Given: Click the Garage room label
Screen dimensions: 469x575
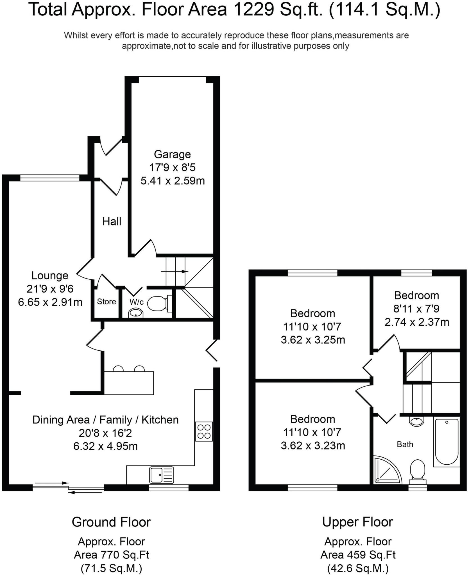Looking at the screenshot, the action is pos(172,154).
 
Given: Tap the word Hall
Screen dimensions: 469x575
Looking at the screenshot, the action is pos(112,222).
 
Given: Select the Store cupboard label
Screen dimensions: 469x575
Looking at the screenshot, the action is pos(107,302).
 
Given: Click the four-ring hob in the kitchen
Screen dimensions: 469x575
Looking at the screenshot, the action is pos(204,432).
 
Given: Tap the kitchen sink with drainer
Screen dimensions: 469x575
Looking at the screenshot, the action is pos(162,475).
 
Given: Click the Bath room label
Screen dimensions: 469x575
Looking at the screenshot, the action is pos(405,444).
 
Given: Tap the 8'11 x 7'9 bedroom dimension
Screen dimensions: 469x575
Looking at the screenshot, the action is pos(416,309).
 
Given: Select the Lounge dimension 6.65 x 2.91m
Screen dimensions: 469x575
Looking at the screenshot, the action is pos(50,302).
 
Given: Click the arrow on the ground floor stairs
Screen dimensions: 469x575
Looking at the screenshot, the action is pos(175,271).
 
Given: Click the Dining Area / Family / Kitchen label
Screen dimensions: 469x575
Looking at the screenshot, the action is pos(105,420).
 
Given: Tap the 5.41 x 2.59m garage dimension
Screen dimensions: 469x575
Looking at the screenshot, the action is pos(173,181).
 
